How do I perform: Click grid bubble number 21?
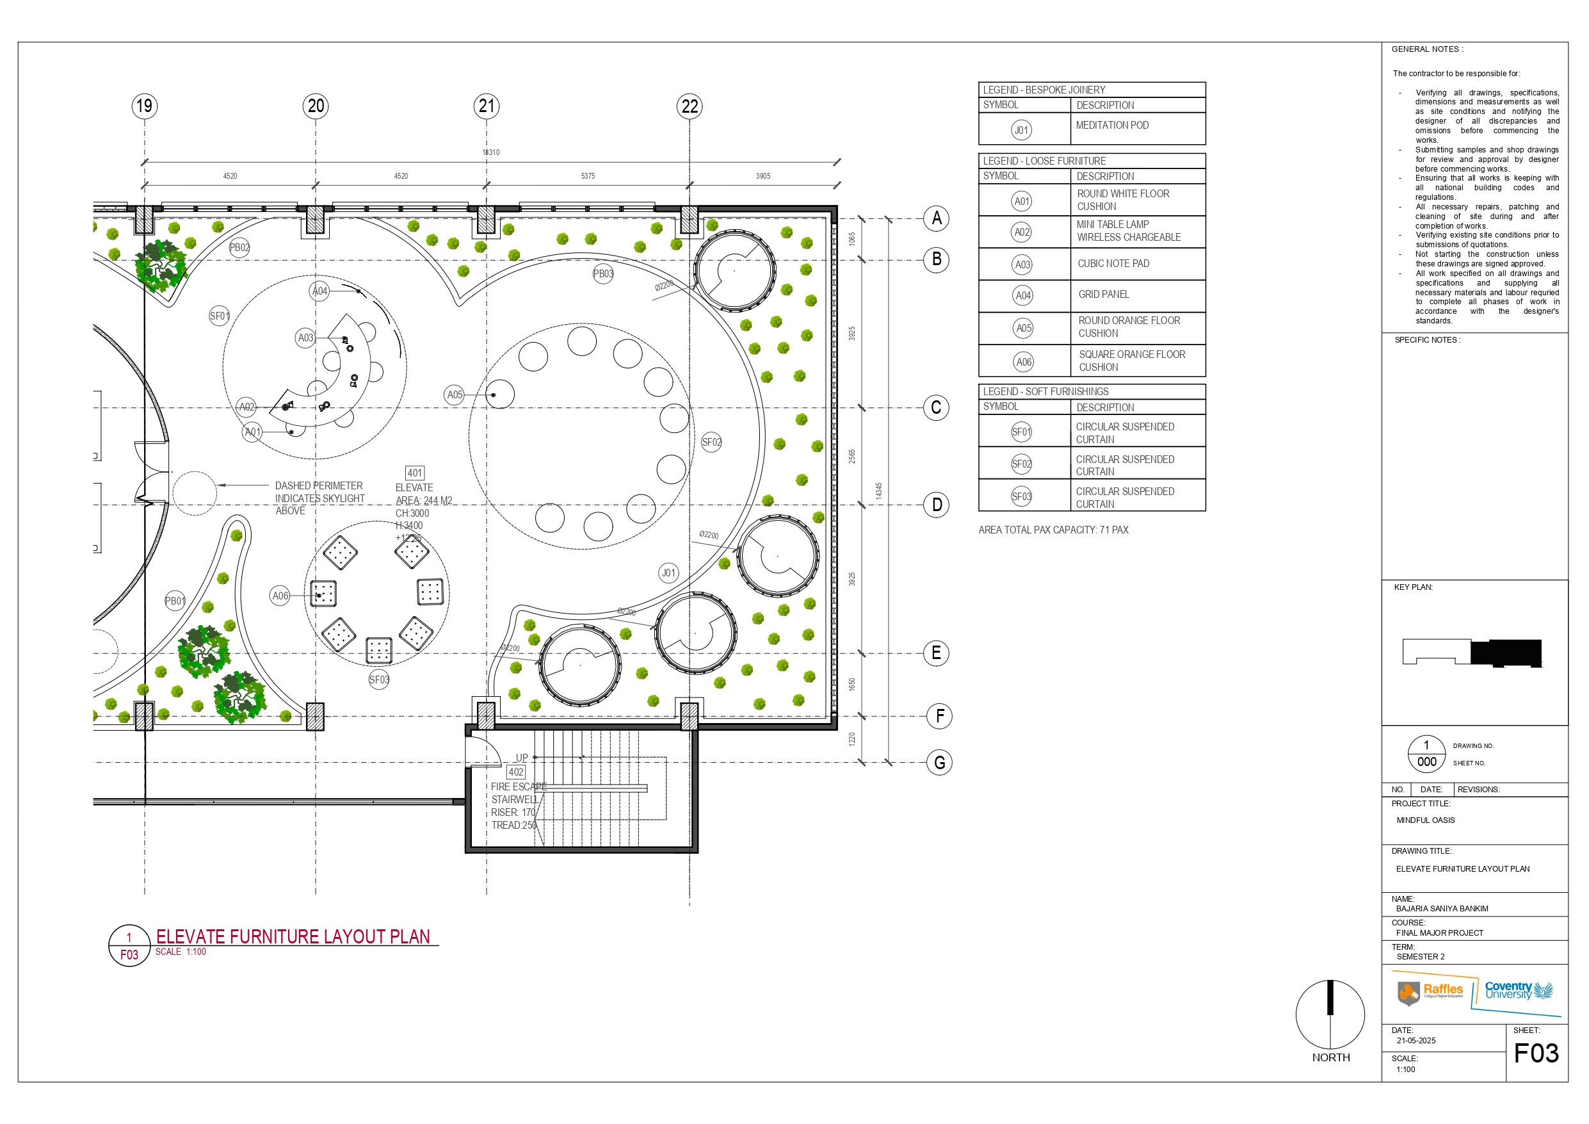tap(487, 106)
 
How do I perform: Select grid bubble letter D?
tap(937, 504)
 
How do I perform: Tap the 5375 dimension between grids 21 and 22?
tap(588, 176)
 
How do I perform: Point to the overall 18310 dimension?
tap(490, 152)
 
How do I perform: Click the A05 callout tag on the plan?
tap(454, 395)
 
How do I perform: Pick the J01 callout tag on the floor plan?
tap(668, 573)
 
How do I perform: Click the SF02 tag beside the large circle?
tap(711, 442)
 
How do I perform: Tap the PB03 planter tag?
tap(603, 273)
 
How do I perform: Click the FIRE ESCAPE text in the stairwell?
tap(519, 786)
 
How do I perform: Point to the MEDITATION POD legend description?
tap(1111, 126)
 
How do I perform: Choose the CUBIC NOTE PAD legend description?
tap(1113, 264)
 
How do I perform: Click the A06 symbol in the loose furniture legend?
tap(1024, 361)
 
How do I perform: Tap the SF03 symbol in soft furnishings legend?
tap(1022, 496)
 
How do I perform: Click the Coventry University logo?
tap(1519, 991)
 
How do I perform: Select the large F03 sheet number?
tap(1536, 1054)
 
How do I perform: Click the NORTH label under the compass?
tap(1330, 1057)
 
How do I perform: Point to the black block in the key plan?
tap(1505, 653)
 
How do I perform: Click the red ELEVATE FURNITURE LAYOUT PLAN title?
tap(293, 936)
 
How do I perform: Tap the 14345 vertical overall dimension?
tap(878, 491)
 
